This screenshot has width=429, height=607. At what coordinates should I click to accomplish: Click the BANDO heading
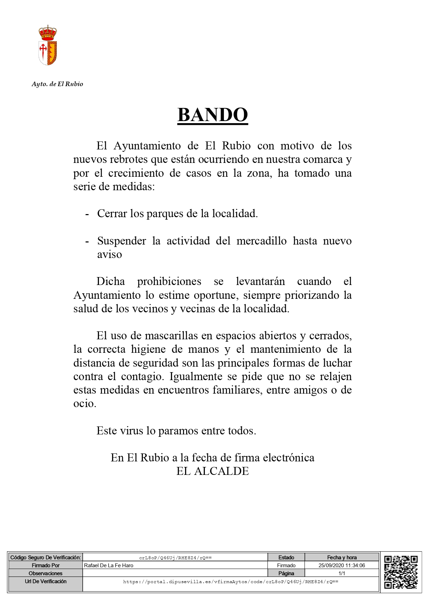coord(212,115)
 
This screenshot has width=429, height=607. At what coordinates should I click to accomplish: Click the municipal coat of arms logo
coord(47,45)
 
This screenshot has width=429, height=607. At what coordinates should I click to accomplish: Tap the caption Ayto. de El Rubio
coord(57,84)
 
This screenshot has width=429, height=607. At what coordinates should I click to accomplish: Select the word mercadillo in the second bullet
coord(262,241)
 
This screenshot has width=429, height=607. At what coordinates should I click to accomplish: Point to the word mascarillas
coord(172,335)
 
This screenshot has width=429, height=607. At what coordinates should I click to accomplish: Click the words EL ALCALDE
coord(212,471)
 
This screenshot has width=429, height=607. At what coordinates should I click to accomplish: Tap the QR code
coord(401,572)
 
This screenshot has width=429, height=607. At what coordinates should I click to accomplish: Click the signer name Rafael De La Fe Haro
coord(109,565)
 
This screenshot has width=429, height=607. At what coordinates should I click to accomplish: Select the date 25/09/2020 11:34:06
coord(341,565)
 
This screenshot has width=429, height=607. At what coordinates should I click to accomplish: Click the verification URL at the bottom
coord(231,582)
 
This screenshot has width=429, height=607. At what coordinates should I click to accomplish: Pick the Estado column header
coord(286,558)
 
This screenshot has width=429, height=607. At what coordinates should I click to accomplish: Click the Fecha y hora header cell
coord(341,558)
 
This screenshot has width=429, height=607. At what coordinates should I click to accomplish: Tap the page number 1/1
coord(341,573)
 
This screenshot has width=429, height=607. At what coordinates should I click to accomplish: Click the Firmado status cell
coord(286,565)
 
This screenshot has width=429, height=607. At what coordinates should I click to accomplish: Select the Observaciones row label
coord(45,573)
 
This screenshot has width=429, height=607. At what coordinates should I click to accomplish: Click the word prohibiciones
coord(169,281)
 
